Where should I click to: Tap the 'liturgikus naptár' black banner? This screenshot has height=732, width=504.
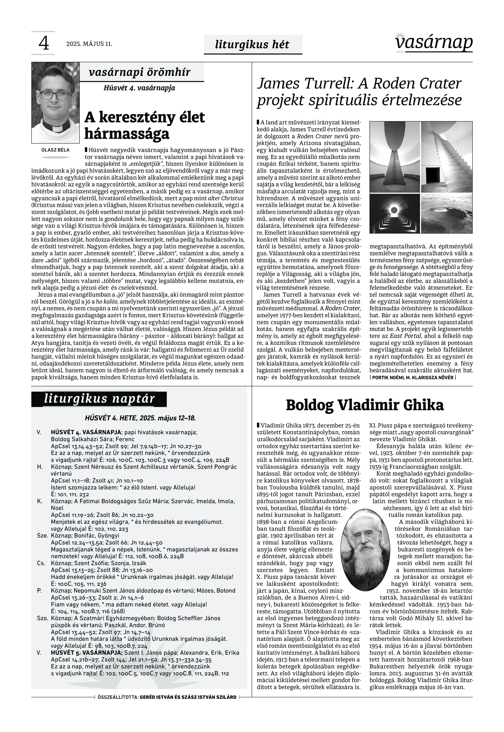click(x=99, y=399)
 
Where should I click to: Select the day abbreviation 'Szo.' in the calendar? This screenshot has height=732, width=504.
click(x=42, y=618)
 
